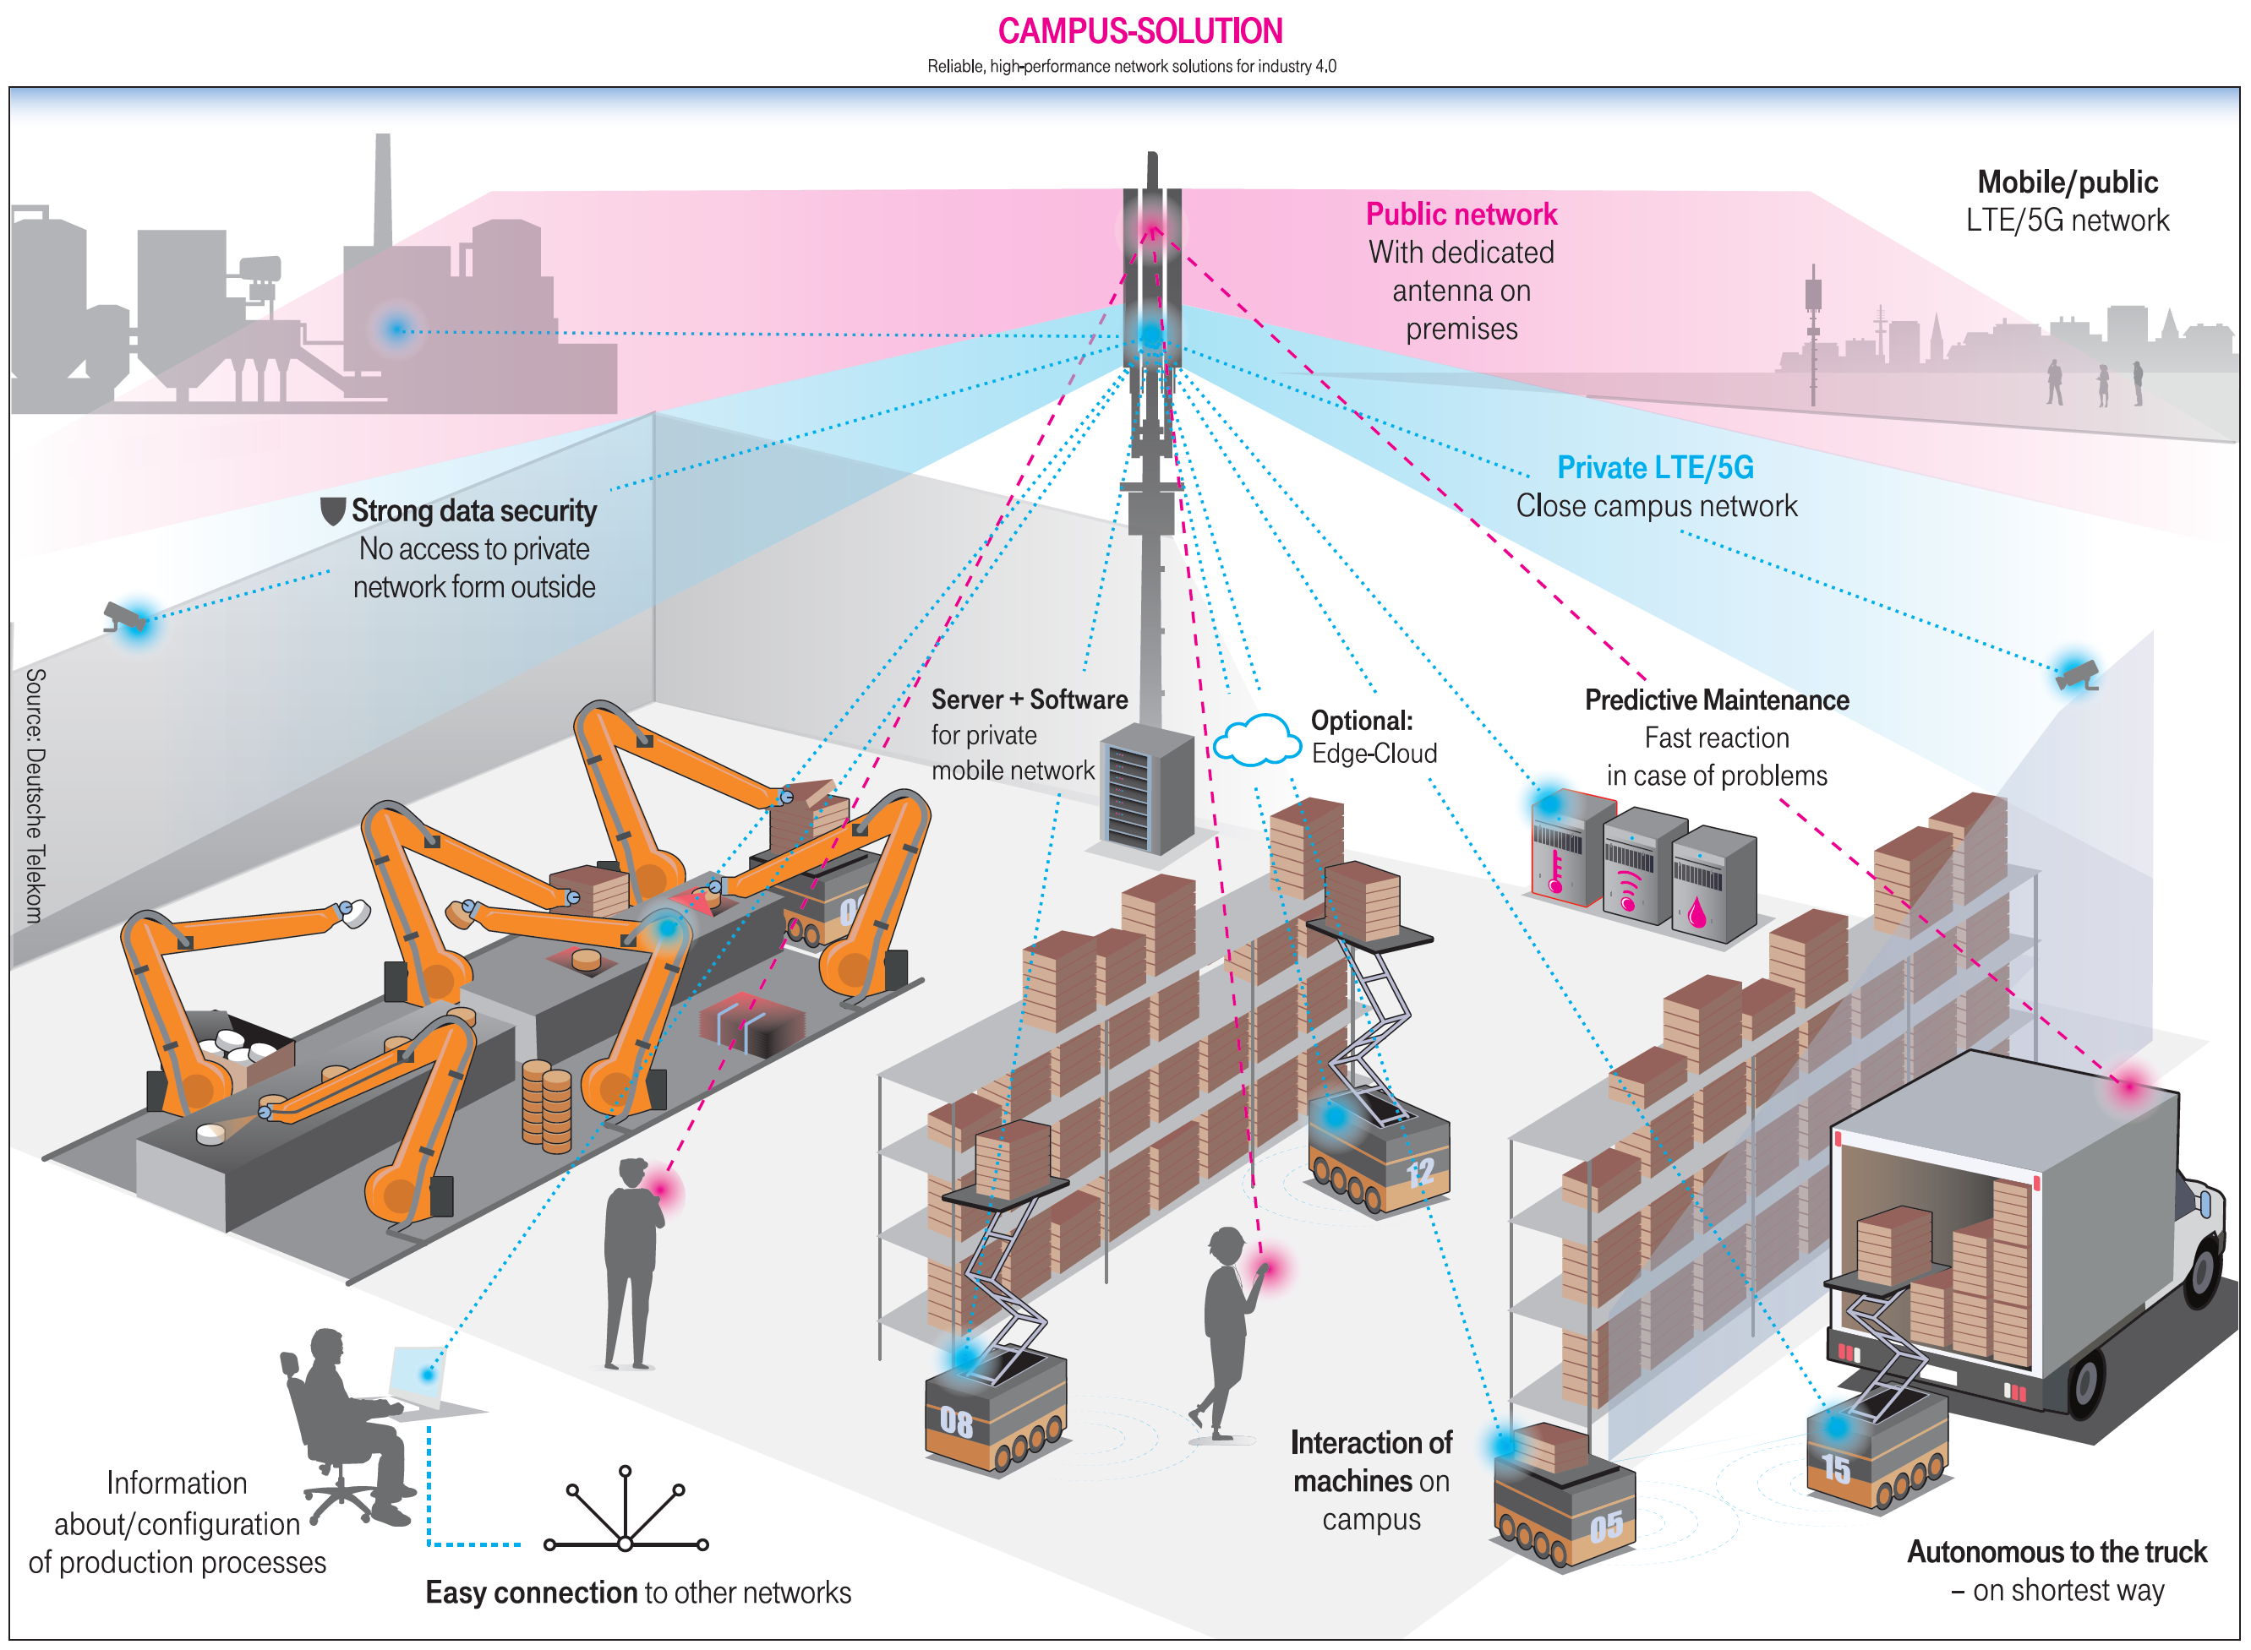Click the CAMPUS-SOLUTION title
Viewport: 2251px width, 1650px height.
(x=1140, y=31)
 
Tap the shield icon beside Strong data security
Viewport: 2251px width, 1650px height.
(x=333, y=511)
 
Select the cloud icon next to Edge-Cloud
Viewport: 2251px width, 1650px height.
(x=1258, y=740)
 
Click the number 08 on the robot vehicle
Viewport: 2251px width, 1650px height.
(x=955, y=1422)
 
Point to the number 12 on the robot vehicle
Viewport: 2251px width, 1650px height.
(x=1420, y=1172)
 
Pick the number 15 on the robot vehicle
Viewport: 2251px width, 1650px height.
(x=1835, y=1468)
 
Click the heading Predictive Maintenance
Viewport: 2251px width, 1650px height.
(x=1717, y=700)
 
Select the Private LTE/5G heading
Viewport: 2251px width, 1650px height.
(x=1656, y=467)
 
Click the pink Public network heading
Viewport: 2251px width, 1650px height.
(x=1461, y=215)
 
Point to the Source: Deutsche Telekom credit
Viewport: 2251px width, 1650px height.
(x=35, y=796)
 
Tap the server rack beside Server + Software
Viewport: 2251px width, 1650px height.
(x=1147, y=789)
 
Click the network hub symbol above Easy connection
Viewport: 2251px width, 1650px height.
(x=626, y=1509)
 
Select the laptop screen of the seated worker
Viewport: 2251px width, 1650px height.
(x=417, y=1376)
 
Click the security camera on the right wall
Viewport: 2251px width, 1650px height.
(x=2076, y=675)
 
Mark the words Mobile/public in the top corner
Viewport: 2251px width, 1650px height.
(x=2068, y=182)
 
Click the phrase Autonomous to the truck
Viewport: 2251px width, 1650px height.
(x=2057, y=1551)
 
